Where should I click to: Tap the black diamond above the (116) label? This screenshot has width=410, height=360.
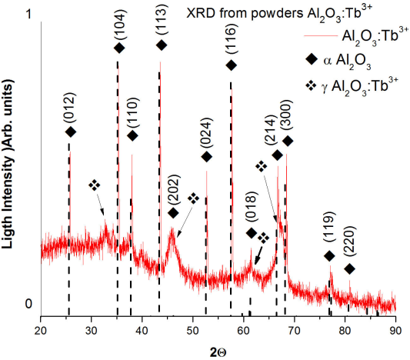click(231, 65)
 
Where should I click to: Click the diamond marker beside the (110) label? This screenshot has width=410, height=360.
click(132, 135)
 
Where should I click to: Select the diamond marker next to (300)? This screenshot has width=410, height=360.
click(288, 141)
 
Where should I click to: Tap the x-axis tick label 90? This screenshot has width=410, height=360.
click(395, 331)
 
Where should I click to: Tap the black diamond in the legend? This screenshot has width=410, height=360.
click(311, 58)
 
